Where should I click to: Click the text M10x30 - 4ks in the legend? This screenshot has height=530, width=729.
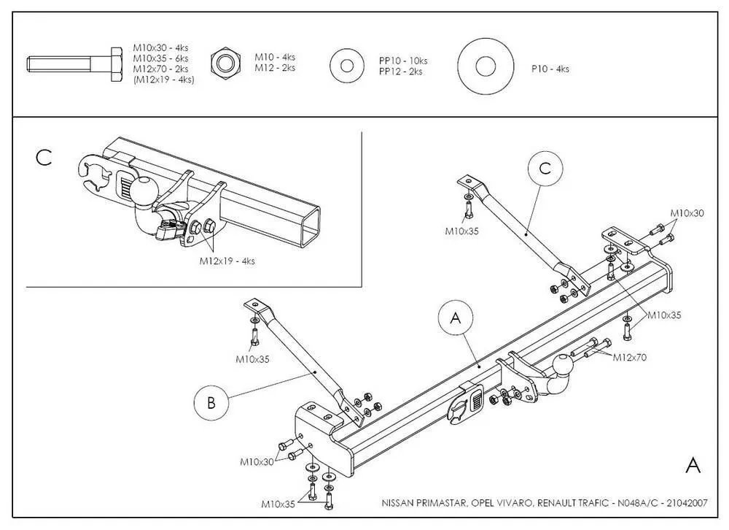pyautogui.click(x=160, y=47)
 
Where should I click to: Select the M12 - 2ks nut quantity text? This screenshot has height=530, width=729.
pyautogui.click(x=275, y=68)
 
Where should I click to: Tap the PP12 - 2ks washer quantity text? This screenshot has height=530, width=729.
pyautogui.click(x=400, y=72)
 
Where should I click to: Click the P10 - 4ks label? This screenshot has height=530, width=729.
pyautogui.click(x=550, y=69)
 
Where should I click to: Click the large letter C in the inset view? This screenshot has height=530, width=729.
pyautogui.click(x=44, y=157)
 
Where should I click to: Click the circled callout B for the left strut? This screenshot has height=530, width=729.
pyautogui.click(x=211, y=402)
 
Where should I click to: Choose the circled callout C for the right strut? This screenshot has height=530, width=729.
pyautogui.click(x=545, y=169)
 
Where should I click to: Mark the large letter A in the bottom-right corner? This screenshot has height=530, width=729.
pyautogui.click(x=693, y=466)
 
